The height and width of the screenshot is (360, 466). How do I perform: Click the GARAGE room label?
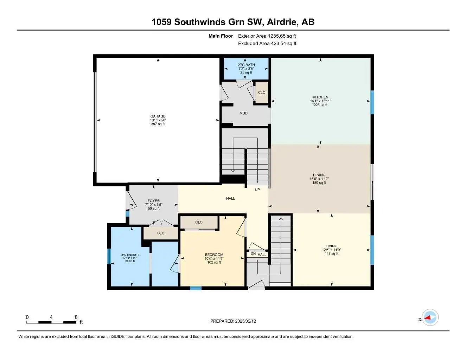pos(158,116)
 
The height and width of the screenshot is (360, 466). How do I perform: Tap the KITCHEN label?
pos(320,97)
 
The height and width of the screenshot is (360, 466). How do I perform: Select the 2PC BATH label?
pos(246,65)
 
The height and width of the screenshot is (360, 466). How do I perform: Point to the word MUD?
pos(243,113)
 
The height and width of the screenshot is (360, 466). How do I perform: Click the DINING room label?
pos(319,175)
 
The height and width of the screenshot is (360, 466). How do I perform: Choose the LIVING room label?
pos(331,246)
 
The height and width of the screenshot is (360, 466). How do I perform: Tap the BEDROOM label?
pos(214,255)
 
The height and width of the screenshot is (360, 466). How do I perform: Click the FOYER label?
pos(154,201)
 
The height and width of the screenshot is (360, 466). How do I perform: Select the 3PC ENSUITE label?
pos(130,255)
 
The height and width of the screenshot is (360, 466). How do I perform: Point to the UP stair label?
pos(257,190)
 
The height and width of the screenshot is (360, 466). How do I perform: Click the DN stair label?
pos(253,253)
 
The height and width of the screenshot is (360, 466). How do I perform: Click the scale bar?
pos(51,322)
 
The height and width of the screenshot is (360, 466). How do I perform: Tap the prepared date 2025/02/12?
pos(233,321)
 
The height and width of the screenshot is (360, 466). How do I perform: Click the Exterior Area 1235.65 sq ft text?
pos(267,36)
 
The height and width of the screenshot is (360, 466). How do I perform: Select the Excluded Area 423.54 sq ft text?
pos(267,44)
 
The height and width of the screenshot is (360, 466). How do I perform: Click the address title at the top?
pos(233,22)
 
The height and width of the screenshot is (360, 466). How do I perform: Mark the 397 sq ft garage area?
pos(158,124)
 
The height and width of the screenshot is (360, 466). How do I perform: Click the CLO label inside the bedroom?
pos(199,222)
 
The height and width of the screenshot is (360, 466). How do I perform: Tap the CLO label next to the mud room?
pos(262,92)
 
